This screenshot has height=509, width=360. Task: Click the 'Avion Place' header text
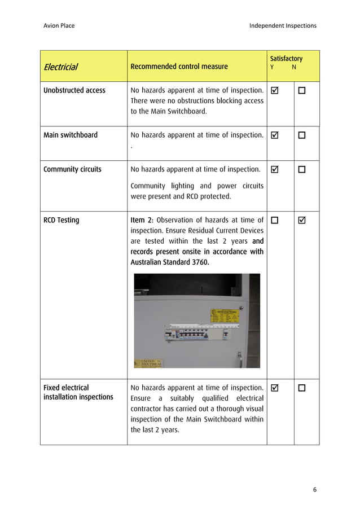[x=59, y=25]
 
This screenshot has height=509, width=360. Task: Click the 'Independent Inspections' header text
[x=283, y=25]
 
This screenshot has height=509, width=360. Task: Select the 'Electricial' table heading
[x=60, y=67]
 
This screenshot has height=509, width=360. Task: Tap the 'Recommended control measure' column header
[x=179, y=67]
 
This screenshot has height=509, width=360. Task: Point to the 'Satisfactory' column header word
[x=286, y=59]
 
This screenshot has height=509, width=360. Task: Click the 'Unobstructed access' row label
[x=74, y=90]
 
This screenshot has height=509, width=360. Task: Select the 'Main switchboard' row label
[x=71, y=135]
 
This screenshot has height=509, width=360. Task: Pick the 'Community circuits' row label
[x=72, y=169]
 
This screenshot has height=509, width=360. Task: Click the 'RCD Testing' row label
[x=61, y=220]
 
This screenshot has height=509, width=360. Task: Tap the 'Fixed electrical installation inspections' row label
[x=78, y=392]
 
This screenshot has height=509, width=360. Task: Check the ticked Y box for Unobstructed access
[x=275, y=90]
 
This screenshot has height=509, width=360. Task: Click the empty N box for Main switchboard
[x=302, y=135]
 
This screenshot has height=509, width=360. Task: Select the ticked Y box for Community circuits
[x=275, y=169]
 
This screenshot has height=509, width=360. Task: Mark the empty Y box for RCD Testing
[x=275, y=220]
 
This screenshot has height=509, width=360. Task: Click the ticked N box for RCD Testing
[x=302, y=220]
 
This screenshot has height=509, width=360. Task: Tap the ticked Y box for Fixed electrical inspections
[x=275, y=388]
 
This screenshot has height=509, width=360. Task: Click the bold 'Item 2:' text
[x=142, y=220]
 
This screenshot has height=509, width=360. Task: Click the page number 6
[x=315, y=489]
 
